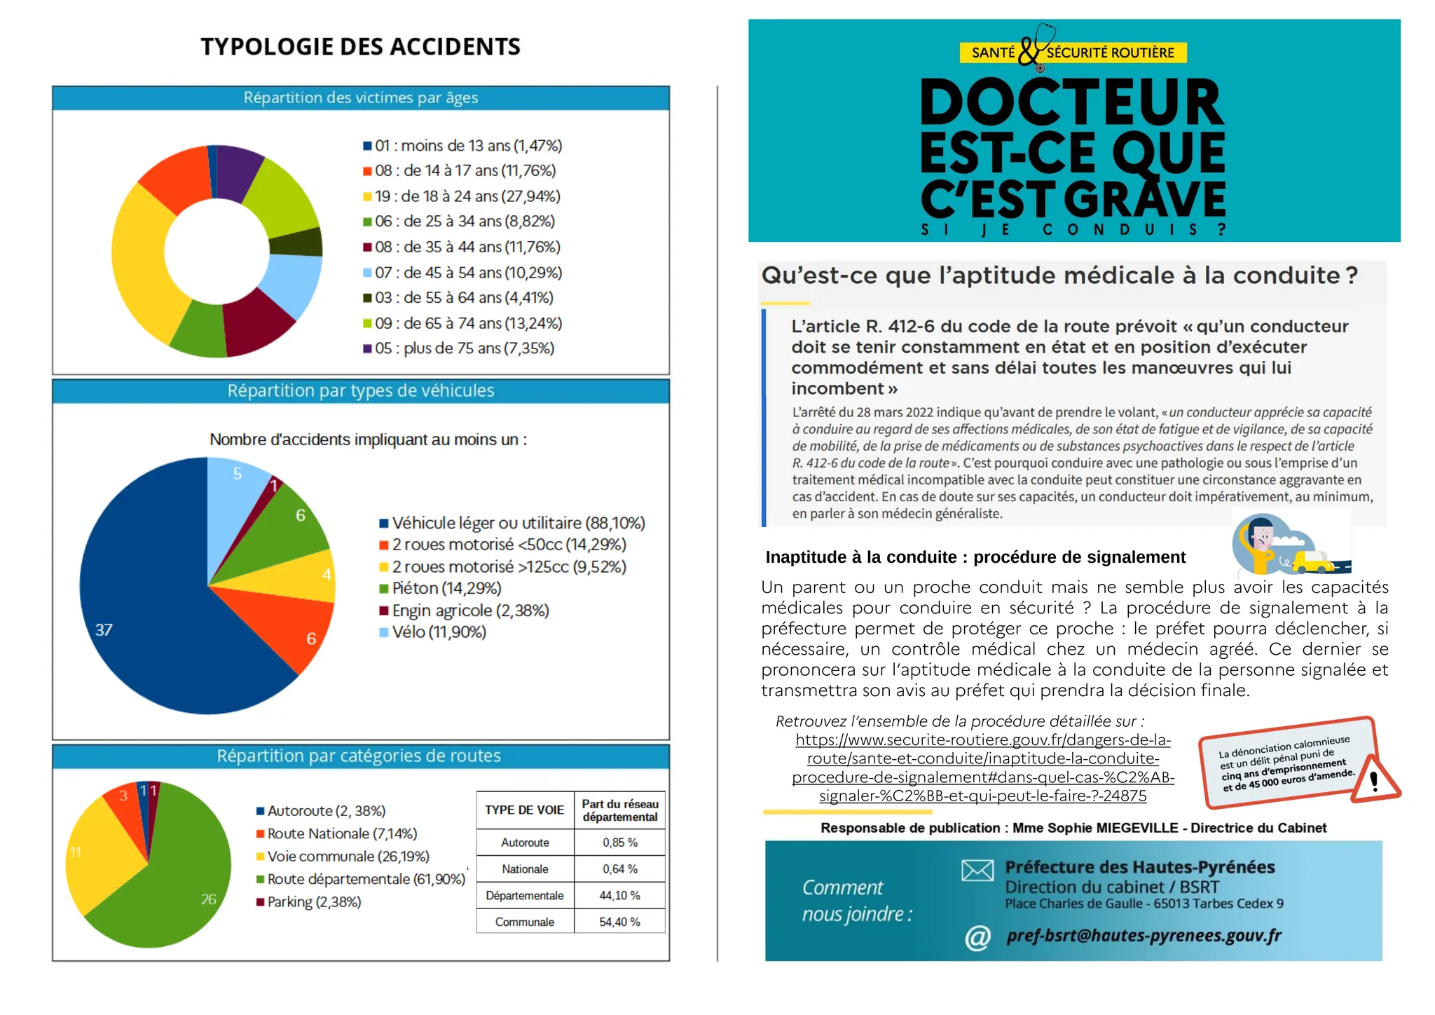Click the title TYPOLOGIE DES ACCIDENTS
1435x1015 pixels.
click(x=360, y=46)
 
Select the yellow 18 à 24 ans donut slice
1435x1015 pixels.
click(x=139, y=266)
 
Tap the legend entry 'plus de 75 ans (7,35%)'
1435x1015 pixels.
click(x=464, y=348)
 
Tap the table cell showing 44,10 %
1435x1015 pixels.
click(x=619, y=896)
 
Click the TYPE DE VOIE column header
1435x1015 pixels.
click(x=524, y=810)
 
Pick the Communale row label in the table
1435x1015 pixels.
click(x=524, y=922)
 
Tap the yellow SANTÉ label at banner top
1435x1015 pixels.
click(x=992, y=53)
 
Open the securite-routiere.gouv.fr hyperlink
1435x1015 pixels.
click(x=982, y=768)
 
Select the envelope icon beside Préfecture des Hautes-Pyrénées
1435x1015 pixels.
click(x=977, y=871)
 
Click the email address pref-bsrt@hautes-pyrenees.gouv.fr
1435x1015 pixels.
click(x=1144, y=936)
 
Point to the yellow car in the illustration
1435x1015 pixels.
click(x=1312, y=561)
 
